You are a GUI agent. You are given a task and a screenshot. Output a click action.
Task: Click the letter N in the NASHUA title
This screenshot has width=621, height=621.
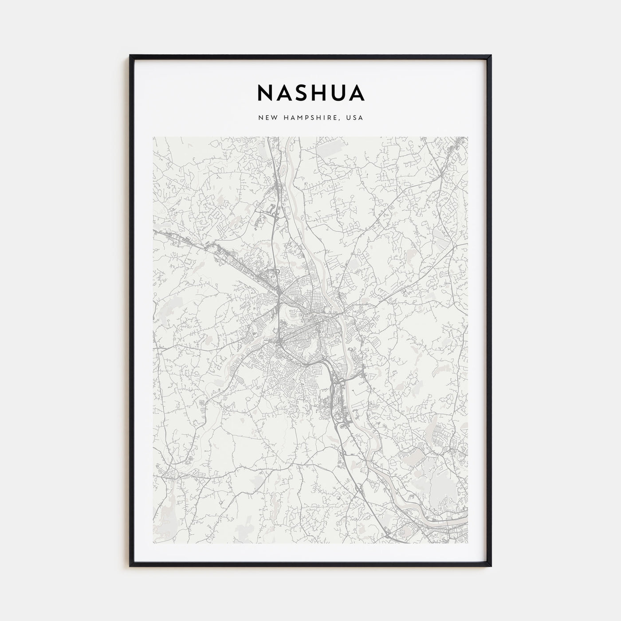[266, 93]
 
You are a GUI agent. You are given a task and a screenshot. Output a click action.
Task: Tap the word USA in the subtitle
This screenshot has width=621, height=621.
[356, 118]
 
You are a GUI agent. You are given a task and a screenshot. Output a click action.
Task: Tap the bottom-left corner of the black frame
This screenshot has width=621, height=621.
[130, 566]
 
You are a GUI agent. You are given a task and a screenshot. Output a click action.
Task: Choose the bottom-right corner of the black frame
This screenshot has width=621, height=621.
[491, 566]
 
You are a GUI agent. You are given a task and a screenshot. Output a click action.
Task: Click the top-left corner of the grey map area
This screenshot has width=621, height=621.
[153, 137]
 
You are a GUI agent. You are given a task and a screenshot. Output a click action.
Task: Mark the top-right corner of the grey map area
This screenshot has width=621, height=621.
[468, 137]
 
